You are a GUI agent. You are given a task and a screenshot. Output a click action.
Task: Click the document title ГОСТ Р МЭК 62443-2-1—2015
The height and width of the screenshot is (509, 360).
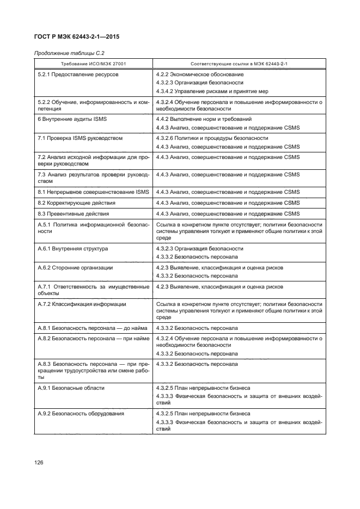point(77,37)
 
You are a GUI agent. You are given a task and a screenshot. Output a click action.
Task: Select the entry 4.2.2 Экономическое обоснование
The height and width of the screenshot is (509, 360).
point(200,74)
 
